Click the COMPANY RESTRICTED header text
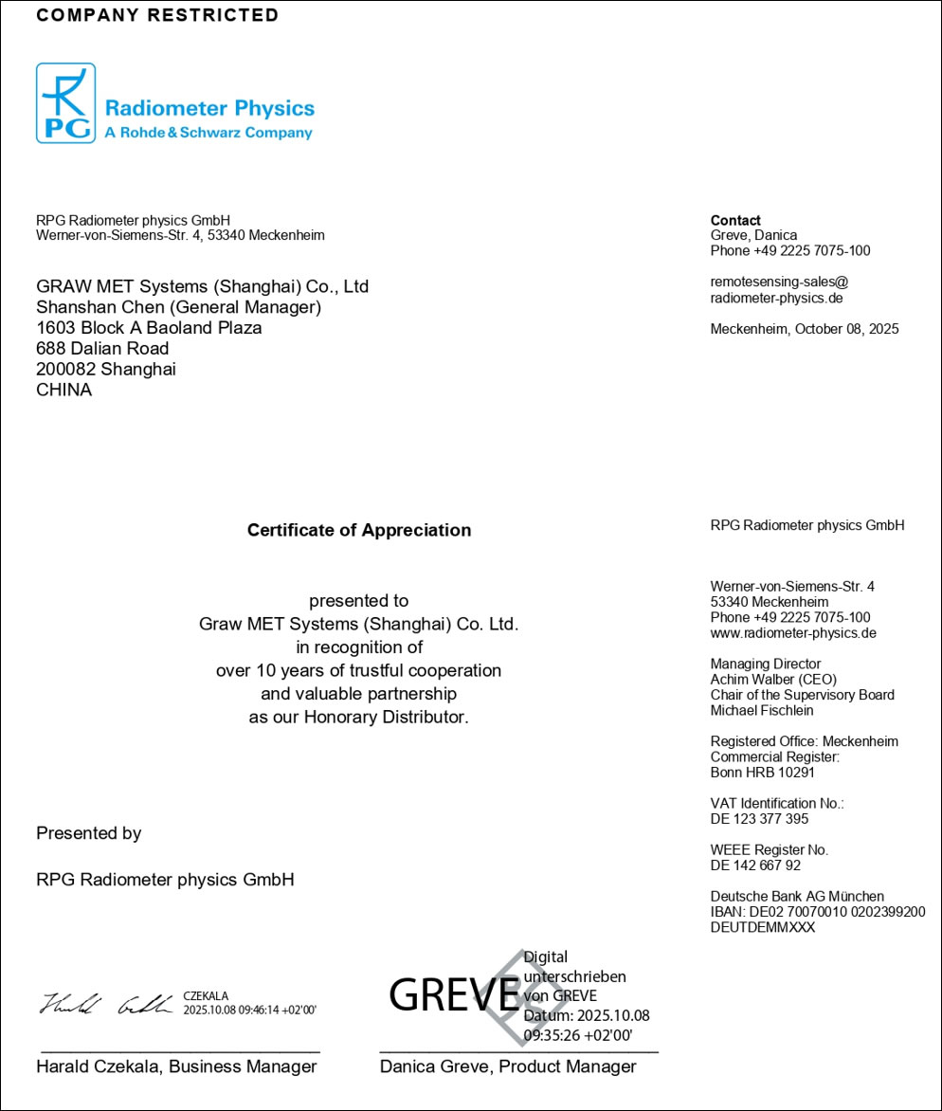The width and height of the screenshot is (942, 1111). (x=157, y=15)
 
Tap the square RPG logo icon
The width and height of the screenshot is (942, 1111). (x=65, y=103)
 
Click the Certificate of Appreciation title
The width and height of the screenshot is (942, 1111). (x=358, y=530)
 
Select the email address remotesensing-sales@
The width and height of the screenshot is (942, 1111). (x=779, y=282)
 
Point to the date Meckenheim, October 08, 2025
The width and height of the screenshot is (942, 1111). (x=805, y=329)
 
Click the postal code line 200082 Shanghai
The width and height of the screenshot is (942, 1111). (x=105, y=369)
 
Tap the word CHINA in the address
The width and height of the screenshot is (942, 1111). (x=63, y=390)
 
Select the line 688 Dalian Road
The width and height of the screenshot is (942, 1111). (x=102, y=348)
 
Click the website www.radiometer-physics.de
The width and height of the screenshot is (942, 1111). (x=793, y=633)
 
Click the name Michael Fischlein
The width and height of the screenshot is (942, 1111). (x=762, y=711)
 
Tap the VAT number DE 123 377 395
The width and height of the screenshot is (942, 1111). (x=759, y=819)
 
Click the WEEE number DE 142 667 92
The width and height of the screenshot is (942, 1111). (x=755, y=865)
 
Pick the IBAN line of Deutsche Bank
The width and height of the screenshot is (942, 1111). (x=818, y=912)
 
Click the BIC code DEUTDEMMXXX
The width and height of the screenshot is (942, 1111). (x=763, y=928)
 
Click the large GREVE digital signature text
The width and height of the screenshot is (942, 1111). (x=453, y=993)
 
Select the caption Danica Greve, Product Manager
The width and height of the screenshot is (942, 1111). (x=508, y=1066)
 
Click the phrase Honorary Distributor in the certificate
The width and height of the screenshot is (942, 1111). (x=386, y=717)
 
